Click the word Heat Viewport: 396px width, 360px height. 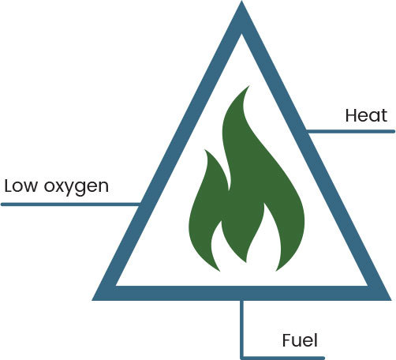click(366, 115)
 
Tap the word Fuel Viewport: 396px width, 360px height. click(300, 340)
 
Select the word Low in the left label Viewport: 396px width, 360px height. click(21, 186)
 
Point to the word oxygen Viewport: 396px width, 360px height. click(77, 188)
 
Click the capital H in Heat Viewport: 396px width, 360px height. click(351, 115)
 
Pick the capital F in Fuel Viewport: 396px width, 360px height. click(287, 340)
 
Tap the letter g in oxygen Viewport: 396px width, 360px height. click(80, 189)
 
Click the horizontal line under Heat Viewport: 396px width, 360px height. click(350, 131)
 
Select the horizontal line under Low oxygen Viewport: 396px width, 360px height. click(71, 204)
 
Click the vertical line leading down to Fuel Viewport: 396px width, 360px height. click(242, 329)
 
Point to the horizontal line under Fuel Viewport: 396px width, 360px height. click(282, 358)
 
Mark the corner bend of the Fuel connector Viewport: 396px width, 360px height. click(242, 358)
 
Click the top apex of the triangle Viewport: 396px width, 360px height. click(241, 2)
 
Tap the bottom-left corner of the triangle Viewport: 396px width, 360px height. click(92, 300)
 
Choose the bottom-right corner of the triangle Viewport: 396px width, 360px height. click(390, 299)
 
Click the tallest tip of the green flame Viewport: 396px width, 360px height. click(248, 86)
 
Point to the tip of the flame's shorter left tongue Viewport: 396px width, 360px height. click(205, 150)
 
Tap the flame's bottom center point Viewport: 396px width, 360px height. click(246, 261)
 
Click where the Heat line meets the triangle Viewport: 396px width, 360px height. click(307, 131)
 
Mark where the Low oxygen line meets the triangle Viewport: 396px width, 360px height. click(140, 204)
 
